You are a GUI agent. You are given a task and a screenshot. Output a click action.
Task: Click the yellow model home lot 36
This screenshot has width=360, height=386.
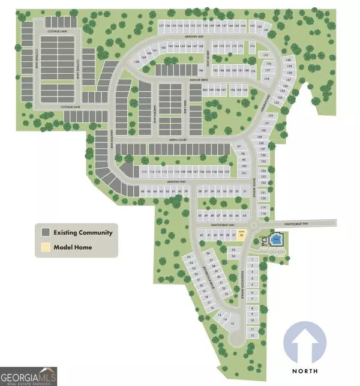point(242,235)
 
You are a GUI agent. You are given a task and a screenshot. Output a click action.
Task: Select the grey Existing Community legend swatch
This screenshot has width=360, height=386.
point(45,232)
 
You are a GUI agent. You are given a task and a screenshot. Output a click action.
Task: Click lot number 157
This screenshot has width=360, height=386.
point(161,26)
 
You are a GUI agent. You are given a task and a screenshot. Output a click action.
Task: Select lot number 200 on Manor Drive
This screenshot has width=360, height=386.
point(205,90)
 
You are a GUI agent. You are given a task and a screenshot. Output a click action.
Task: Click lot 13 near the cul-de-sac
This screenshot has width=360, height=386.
point(233,323)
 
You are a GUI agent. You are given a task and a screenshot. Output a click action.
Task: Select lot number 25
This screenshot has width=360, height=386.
point(189,257)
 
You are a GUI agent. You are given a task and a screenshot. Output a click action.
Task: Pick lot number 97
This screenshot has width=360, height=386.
point(239,147)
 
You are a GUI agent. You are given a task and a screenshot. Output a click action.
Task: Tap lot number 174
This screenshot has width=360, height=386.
point(253,46)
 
